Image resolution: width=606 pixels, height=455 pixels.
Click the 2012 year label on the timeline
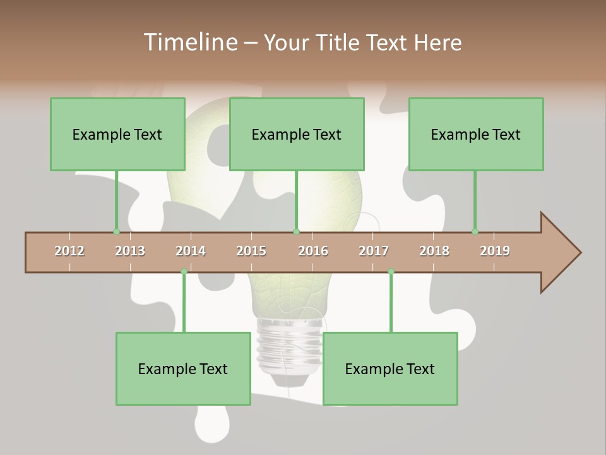tap(69, 251)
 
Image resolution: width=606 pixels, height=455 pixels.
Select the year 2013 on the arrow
tap(130, 251)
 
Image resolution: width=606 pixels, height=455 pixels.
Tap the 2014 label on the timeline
tap(191, 251)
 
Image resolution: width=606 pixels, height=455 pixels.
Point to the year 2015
tap(251, 251)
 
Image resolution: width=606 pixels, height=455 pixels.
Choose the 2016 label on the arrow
tap(313, 251)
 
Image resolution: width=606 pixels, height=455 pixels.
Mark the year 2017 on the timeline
tap(374, 251)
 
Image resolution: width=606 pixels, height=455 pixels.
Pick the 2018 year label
tap(434, 251)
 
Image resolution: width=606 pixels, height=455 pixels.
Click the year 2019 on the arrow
tap(495, 251)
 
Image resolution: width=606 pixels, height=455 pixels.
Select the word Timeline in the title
tap(189, 42)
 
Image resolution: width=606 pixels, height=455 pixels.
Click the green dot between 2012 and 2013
tap(116, 232)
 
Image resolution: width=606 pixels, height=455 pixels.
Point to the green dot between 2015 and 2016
tap(296, 232)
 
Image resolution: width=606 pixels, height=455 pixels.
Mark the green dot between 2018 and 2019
tap(475, 232)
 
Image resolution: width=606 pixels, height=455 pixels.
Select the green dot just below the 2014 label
tap(184, 272)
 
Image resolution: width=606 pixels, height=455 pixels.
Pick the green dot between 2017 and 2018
tap(391, 272)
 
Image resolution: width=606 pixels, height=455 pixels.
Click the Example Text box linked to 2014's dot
tap(183, 368)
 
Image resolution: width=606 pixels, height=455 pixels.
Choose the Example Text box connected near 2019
tap(476, 134)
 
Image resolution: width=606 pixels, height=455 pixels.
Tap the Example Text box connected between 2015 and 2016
tap(297, 134)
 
